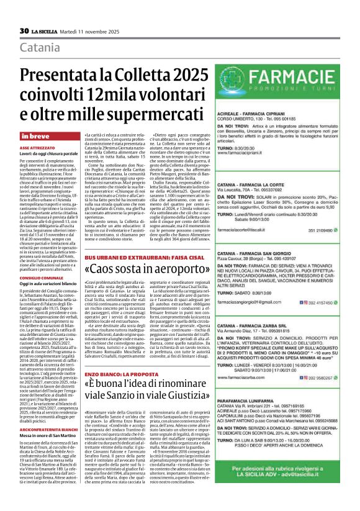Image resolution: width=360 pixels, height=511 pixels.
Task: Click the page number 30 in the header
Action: (x=24, y=31)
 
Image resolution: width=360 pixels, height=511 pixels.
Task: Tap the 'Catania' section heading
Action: (x=42, y=48)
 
